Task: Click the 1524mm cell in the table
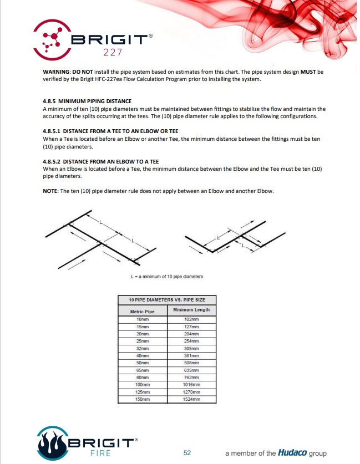(191, 399)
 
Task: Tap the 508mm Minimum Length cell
(191, 363)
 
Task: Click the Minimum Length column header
(191, 310)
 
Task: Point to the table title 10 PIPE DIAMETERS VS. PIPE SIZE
(167, 299)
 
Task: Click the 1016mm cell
(191, 384)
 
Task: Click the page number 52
(187, 453)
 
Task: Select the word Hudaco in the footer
(292, 452)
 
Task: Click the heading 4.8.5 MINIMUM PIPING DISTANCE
(87, 101)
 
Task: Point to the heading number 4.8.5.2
(53, 161)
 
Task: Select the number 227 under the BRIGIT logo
(109, 53)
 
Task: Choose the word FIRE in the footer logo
(100, 453)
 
